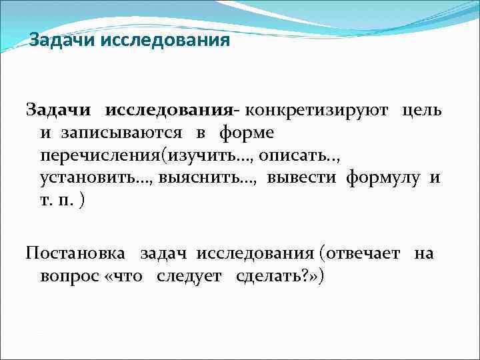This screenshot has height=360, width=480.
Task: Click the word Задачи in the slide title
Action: tap(63, 41)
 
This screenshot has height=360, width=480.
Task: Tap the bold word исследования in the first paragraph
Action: tap(167, 109)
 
